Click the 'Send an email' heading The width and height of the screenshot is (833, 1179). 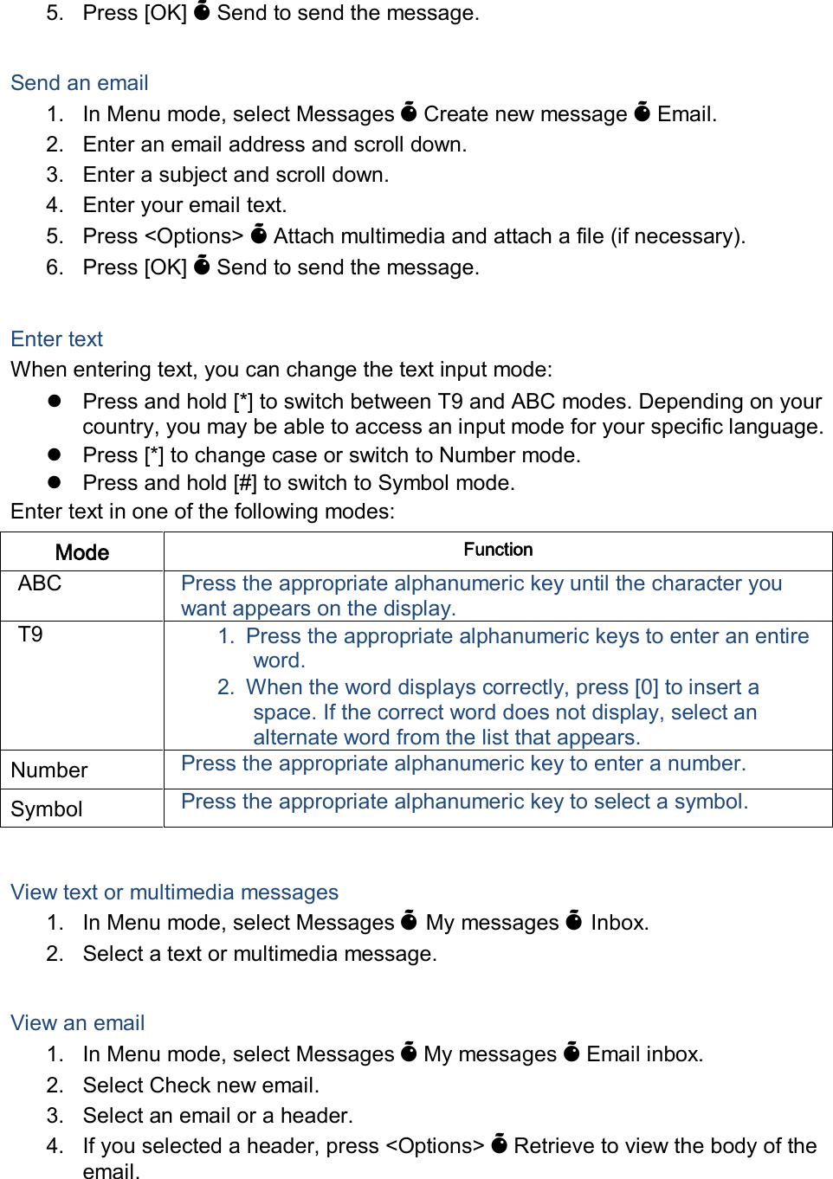[80, 83]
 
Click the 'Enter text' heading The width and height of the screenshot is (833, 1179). [57, 339]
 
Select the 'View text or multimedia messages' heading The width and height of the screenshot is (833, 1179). [174, 892]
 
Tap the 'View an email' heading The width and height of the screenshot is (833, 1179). [78, 1023]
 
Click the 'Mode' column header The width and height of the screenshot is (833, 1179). [82, 552]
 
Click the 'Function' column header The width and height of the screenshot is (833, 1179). [498, 550]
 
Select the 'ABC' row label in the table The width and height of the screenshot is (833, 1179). [40, 583]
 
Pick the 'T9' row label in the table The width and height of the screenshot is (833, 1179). [30, 635]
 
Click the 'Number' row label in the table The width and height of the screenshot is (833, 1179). [49, 770]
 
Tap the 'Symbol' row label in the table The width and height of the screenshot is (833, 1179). [47, 809]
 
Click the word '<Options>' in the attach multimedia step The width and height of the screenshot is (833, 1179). [194, 236]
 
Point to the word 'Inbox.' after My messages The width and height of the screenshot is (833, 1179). [619, 923]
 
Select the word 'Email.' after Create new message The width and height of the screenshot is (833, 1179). [687, 114]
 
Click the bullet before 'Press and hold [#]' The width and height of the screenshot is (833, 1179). [55, 482]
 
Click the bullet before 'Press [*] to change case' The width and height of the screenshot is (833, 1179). [55, 454]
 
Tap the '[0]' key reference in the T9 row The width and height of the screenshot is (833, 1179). [647, 687]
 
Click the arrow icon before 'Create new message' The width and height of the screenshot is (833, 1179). [410, 113]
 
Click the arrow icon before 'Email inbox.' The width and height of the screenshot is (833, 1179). [571, 1053]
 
